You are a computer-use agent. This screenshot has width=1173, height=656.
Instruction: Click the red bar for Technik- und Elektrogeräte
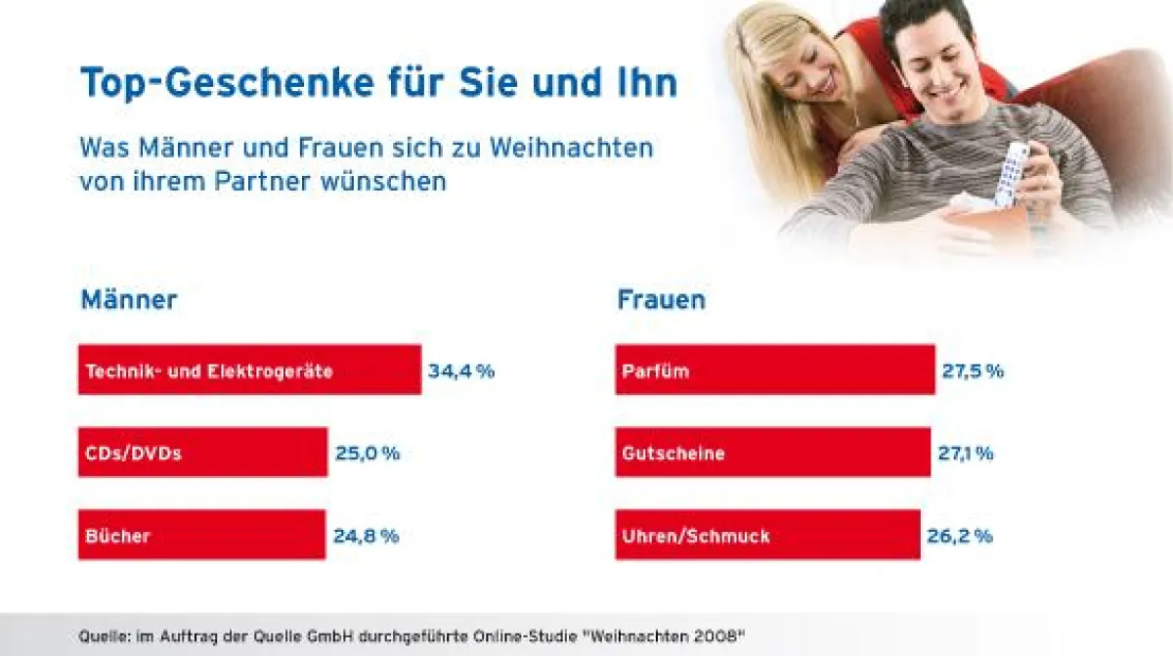tap(249, 370)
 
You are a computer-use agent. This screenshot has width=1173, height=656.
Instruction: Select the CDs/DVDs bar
tap(202, 452)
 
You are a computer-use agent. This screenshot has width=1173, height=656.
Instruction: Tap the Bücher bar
tap(201, 535)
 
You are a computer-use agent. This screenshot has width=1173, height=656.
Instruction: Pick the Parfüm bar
tap(774, 370)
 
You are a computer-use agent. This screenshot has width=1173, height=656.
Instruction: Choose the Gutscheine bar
tap(772, 452)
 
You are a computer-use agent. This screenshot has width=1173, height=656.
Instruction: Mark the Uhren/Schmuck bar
tap(767, 535)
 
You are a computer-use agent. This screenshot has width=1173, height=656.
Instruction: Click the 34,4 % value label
tap(461, 371)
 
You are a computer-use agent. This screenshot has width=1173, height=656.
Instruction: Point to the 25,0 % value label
tap(368, 453)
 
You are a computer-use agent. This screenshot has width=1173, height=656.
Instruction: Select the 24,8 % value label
tap(366, 536)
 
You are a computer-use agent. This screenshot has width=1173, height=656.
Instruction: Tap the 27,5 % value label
tap(973, 371)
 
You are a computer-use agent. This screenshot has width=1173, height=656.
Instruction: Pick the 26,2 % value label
tap(959, 536)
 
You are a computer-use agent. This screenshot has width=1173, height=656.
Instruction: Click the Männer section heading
tap(129, 299)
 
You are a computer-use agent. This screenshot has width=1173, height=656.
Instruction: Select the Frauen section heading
tap(662, 299)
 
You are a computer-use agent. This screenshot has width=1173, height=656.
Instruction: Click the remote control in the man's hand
tap(1012, 173)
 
